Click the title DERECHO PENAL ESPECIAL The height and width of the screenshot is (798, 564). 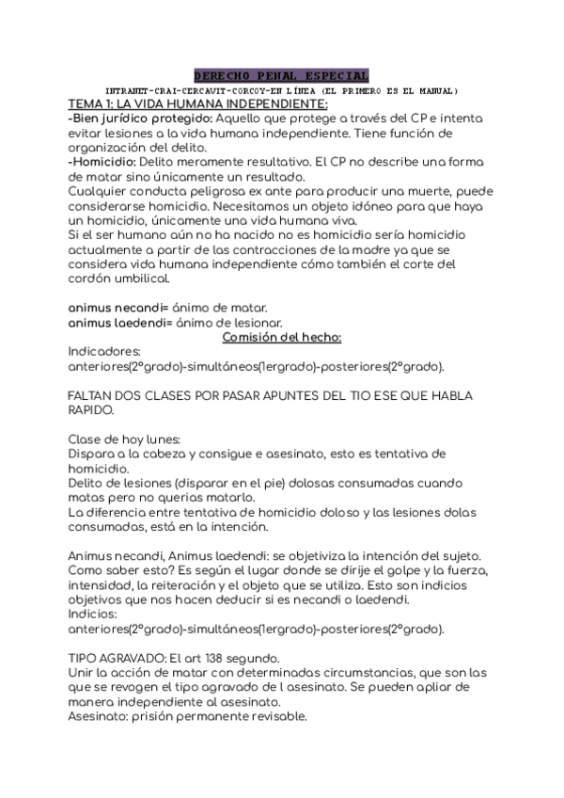tap(281, 75)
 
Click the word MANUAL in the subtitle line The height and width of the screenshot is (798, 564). tap(431, 91)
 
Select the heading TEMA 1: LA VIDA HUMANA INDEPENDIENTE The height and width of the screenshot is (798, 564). tap(197, 104)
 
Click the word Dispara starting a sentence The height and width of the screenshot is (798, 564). tap(94, 454)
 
